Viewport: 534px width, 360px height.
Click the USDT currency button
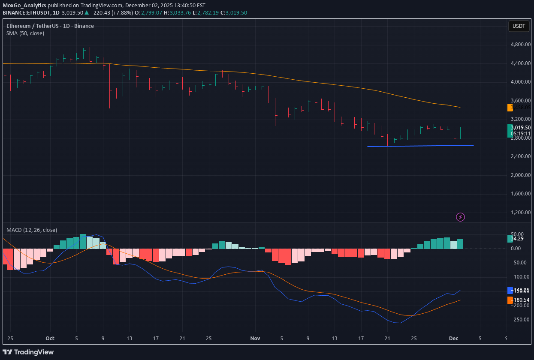[518, 26]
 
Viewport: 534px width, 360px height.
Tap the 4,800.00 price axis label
[520, 45]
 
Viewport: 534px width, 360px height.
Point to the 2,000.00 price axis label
[520, 175]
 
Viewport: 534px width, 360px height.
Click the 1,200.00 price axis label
[520, 212]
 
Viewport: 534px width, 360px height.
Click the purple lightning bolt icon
[460, 217]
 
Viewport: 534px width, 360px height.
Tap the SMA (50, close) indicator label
[25, 33]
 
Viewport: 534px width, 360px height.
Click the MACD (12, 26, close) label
[32, 230]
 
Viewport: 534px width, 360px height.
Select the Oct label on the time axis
[50, 338]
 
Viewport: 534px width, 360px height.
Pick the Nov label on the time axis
[255, 338]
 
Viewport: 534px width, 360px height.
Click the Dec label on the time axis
[454, 338]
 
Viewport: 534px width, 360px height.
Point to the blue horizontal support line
[420, 146]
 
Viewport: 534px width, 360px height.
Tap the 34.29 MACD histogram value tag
[517, 238]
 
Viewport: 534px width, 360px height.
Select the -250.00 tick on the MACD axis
[520, 319]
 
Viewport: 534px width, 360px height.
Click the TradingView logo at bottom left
[29, 352]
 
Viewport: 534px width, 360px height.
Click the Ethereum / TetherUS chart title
[50, 26]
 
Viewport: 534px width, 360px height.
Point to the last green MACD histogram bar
[460, 244]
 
